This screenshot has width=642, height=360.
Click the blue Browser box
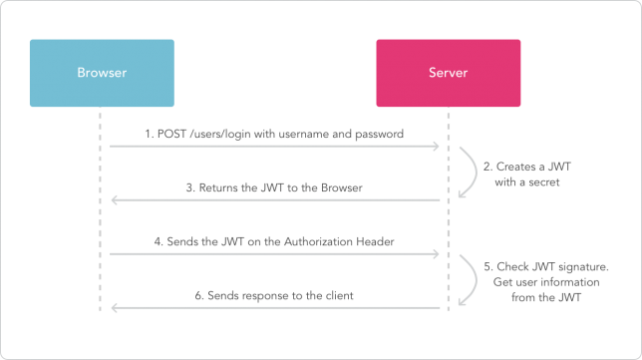point(102,73)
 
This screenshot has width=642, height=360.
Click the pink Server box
point(448,73)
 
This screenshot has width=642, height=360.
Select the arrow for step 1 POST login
point(274,147)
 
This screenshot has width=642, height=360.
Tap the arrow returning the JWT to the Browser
point(274,200)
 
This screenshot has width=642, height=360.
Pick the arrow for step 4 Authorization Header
point(274,254)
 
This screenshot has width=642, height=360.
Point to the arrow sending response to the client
point(274,308)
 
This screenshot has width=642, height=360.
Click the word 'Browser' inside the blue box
point(102,73)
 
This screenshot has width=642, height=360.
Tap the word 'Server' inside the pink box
point(448,73)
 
